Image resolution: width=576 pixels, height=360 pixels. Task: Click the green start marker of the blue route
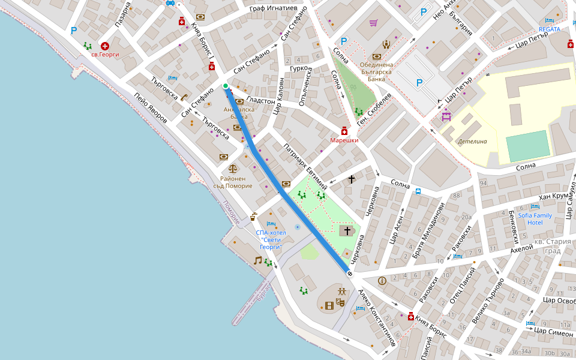(226, 86)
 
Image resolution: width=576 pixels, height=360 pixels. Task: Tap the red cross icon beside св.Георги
(105, 46)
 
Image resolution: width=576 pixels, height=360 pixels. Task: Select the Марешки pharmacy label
(344, 140)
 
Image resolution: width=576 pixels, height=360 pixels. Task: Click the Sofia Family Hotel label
(535, 218)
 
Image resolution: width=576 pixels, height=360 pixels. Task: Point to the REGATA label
(549, 29)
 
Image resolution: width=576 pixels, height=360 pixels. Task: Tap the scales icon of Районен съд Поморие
(233, 169)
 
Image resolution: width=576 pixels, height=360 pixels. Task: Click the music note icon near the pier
(257, 260)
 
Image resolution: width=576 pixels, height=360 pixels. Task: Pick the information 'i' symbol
(382, 280)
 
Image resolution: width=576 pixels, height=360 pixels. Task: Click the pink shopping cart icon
(373, 23)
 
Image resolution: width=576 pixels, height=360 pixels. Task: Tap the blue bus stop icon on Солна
(418, 192)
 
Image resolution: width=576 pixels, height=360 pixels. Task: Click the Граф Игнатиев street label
(274, 8)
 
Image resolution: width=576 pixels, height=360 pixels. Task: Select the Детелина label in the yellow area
(472, 142)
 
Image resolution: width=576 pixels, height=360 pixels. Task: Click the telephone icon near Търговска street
(184, 97)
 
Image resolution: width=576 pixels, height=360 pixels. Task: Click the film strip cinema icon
(328, 305)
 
